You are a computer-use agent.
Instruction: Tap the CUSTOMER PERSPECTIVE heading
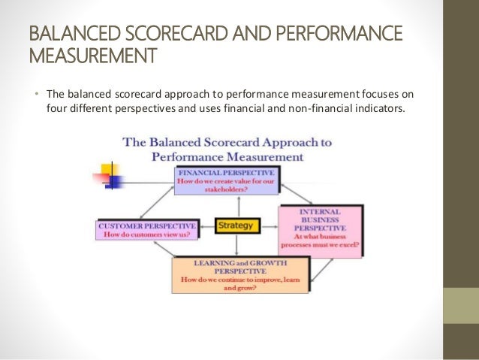click(x=147, y=225)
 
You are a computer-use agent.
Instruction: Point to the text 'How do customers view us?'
click(x=147, y=234)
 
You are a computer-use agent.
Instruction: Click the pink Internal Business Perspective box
click(x=321, y=230)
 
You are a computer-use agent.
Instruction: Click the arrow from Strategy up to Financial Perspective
click(x=235, y=206)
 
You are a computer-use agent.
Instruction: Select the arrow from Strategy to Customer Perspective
click(x=208, y=225)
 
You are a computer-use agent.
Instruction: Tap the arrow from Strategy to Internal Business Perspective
click(x=269, y=225)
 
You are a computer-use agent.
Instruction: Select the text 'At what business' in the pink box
click(x=319, y=236)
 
